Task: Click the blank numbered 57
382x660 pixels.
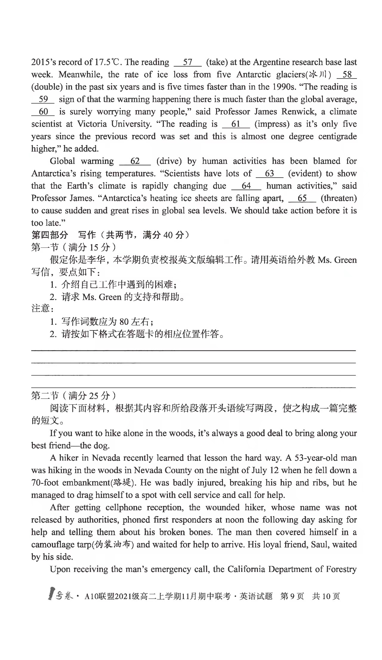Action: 187,62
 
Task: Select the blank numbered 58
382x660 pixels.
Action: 347,75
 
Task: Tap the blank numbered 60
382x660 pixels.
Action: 43,112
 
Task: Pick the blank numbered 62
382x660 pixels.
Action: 135,161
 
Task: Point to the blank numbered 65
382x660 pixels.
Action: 302,199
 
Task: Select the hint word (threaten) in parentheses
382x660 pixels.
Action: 339,199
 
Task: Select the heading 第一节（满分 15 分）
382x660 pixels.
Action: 73,247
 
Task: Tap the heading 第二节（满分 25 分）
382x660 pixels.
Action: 73,396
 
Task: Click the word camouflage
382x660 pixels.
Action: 60,545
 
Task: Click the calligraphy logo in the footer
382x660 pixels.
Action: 61,596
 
